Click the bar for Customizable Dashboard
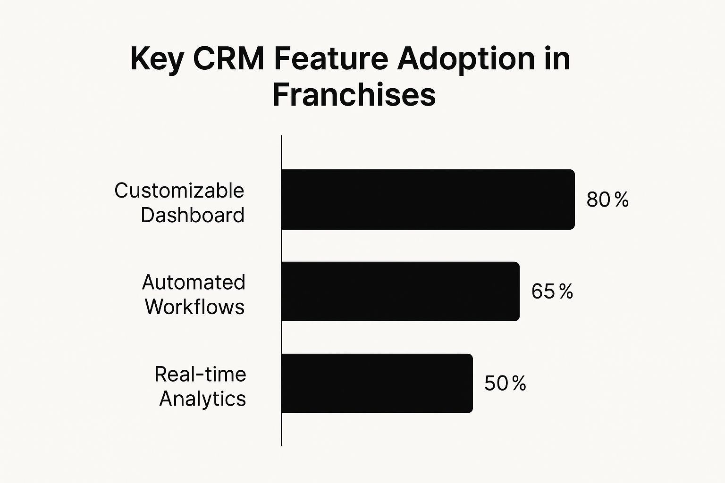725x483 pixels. pos(428,200)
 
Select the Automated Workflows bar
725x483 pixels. pos(400,291)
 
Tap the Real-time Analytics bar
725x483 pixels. pos(377,383)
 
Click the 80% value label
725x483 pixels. pos(607,200)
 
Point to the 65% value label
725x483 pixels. pos(552,291)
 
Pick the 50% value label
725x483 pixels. pos(505,383)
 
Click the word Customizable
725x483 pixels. pos(179,191)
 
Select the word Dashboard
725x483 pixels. pos(193,215)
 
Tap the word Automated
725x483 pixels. pos(194,283)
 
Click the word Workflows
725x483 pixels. pos(194,307)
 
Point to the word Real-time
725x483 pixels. pos(200,375)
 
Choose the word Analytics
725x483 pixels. pos(202,399)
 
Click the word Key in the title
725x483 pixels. pos(157,59)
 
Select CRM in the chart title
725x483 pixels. pos(228,59)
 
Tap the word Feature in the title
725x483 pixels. pos(331,59)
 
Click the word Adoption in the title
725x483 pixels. pos(466,59)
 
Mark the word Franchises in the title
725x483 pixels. pos(354,95)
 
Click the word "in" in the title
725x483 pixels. pos(557,59)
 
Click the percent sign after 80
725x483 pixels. pos(622,200)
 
